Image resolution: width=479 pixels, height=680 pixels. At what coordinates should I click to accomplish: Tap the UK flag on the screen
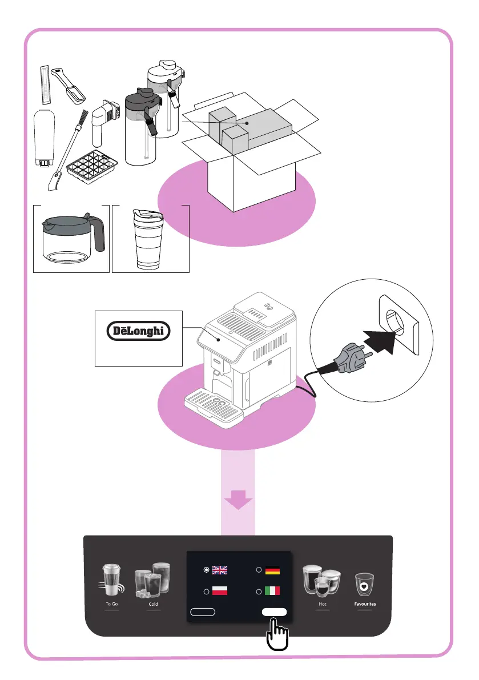(x=219, y=570)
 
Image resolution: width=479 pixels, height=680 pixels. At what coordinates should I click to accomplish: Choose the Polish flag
(x=219, y=591)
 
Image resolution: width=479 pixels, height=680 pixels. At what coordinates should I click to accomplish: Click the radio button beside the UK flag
(x=206, y=570)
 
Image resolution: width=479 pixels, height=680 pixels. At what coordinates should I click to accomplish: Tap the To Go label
(x=111, y=603)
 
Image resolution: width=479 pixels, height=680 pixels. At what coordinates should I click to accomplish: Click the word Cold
(x=153, y=603)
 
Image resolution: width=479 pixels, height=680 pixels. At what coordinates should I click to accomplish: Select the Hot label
(x=323, y=603)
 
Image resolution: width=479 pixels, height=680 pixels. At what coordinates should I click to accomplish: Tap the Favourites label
(x=364, y=603)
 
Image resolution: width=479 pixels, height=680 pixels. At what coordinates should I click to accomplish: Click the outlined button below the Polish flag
(x=202, y=611)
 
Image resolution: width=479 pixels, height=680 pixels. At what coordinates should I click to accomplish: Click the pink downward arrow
(x=239, y=501)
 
